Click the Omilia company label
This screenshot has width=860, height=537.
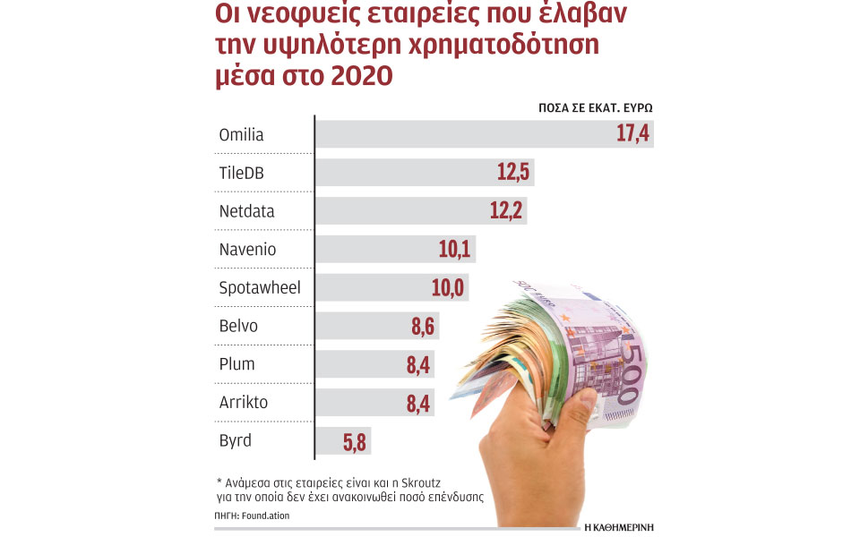(x=241, y=135)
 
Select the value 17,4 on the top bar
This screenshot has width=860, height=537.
(x=632, y=135)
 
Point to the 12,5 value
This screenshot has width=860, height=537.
(x=514, y=174)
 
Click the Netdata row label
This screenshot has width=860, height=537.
(x=246, y=212)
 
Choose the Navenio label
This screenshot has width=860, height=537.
(x=246, y=250)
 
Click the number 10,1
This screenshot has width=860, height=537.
(x=454, y=250)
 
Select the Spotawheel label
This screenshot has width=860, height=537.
(x=260, y=288)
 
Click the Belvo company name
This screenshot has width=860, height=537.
(x=238, y=326)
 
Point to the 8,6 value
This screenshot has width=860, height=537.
(x=422, y=326)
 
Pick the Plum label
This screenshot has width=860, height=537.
(x=237, y=364)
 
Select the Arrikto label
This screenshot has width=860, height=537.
(x=243, y=403)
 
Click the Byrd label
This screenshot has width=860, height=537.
(x=236, y=440)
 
